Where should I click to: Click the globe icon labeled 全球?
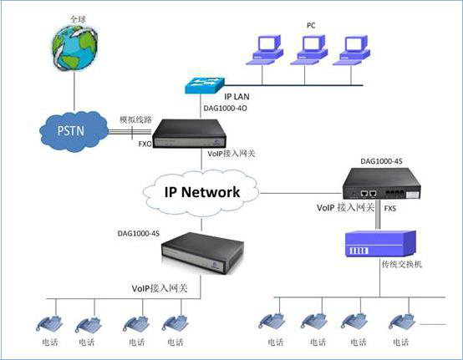point(74,48)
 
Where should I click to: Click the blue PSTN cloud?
point(74,131)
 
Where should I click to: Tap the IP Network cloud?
point(201,192)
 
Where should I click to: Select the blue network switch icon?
point(205,85)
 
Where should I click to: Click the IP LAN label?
point(237,97)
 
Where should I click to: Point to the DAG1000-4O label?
point(225,109)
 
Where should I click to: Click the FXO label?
point(145,144)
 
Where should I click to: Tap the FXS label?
point(389,209)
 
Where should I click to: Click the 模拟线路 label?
point(135,119)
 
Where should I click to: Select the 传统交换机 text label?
point(402,264)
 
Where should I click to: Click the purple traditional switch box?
point(381,244)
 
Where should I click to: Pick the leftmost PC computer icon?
point(265,50)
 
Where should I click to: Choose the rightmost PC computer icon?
point(352,50)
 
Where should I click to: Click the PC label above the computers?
point(311,26)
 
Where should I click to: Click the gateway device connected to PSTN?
point(189,134)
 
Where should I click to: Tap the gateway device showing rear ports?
point(381,184)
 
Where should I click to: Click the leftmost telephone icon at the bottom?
point(49,324)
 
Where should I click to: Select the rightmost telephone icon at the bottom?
point(402,321)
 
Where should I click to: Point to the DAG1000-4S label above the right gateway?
point(381,161)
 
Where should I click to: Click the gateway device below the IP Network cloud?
point(202,253)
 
